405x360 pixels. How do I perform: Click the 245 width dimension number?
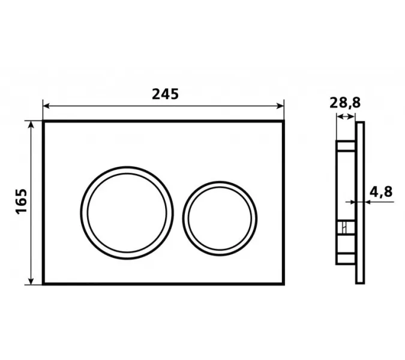tap(165, 94)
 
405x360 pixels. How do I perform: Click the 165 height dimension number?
tap(21, 202)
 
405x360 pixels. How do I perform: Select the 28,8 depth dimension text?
tap(345, 103)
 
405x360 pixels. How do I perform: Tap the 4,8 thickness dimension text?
tap(381, 192)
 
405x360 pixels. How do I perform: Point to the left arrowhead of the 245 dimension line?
tap(46, 106)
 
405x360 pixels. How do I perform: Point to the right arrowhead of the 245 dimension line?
tap(281, 106)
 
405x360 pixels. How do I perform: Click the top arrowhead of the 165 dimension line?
tap(31, 124)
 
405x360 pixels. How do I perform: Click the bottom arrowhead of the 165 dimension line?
tap(31, 281)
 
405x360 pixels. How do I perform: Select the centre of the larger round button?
tap(127, 213)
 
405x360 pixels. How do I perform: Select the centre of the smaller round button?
tap(220, 218)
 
